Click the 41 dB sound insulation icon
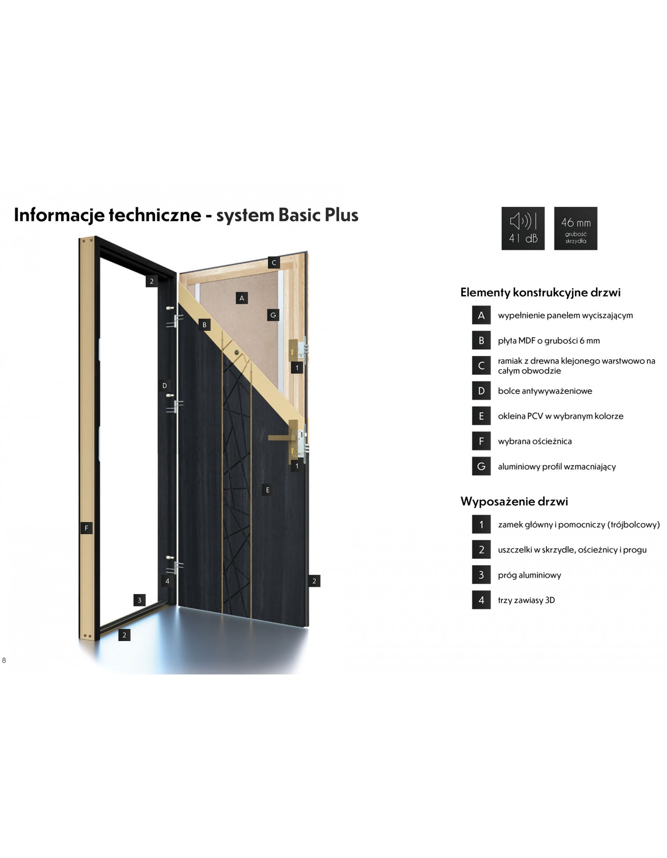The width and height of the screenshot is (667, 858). tap(523, 228)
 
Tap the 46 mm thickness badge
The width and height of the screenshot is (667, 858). tap(576, 228)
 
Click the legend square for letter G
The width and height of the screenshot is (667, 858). tap(481, 466)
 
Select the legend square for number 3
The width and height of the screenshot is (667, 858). tap(481, 575)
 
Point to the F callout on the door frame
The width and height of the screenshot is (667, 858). tap(86, 528)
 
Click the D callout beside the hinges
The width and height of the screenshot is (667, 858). tap(165, 386)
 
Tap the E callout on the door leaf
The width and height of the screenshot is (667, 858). tap(268, 490)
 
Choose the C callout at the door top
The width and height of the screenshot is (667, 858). tap(273, 263)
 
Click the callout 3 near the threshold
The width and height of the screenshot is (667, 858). tap(140, 600)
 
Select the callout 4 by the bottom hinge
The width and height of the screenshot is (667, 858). tap(167, 581)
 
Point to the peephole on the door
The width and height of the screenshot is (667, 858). tap(236, 352)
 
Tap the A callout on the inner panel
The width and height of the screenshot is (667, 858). tap(242, 298)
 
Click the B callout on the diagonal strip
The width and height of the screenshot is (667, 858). tap(204, 325)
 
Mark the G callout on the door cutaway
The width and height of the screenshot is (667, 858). tap(273, 315)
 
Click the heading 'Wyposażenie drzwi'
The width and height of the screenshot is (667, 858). tap(514, 501)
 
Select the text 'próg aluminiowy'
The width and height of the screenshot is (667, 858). tap(529, 575)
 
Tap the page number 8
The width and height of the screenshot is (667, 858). tap(4, 660)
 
